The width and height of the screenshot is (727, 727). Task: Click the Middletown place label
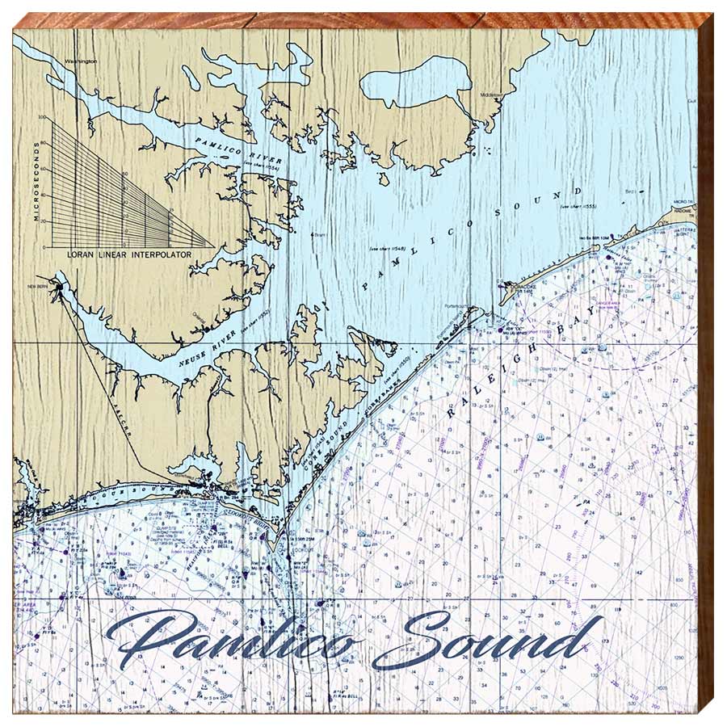pos(490,95)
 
